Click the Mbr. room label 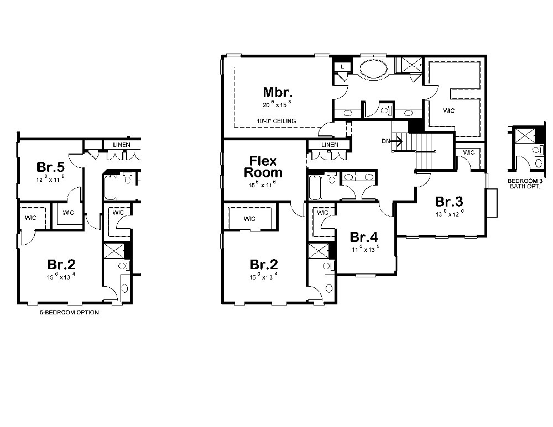[277, 92]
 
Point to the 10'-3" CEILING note [276, 121]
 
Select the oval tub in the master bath [374, 70]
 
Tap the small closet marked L [343, 66]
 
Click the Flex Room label [263, 166]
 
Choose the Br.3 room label [448, 201]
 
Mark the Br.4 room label [364, 238]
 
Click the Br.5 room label [50, 166]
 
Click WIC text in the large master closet [448, 111]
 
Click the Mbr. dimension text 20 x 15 [277, 103]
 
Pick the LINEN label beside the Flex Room [329, 145]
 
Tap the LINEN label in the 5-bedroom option [122, 145]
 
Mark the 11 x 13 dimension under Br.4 [364, 249]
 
